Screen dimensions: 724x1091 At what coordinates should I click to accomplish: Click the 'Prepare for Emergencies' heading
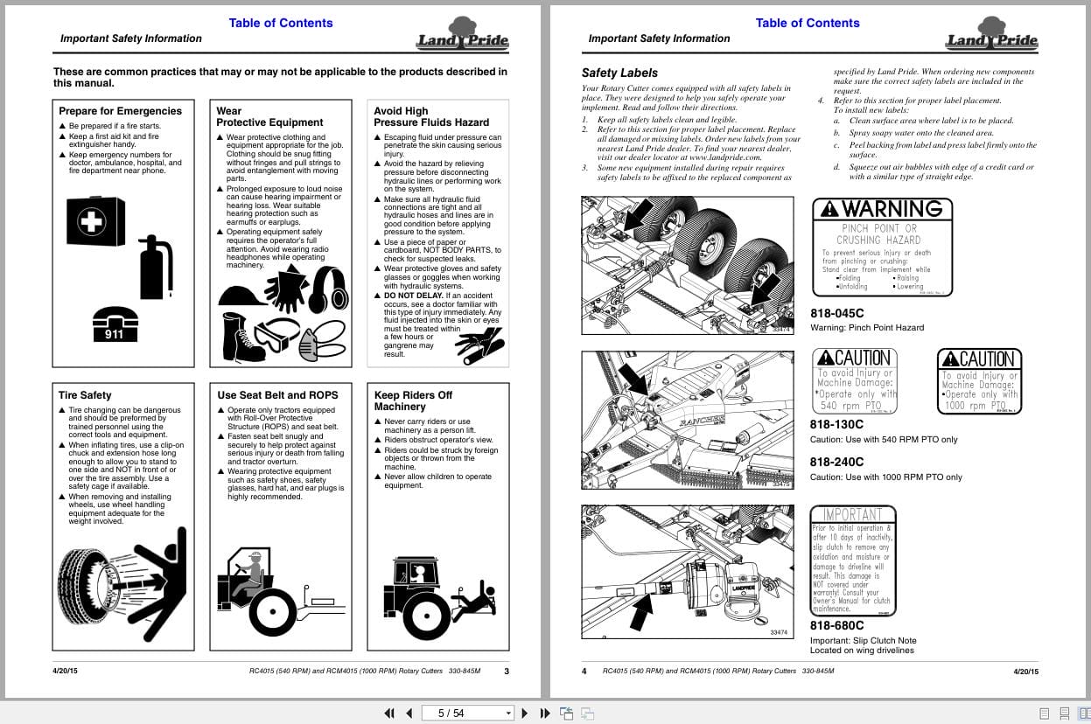(120, 111)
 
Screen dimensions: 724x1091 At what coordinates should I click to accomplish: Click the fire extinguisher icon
(157, 267)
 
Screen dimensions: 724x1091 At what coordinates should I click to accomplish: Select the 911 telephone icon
(115, 324)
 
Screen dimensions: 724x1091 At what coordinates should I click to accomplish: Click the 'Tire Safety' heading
(85, 395)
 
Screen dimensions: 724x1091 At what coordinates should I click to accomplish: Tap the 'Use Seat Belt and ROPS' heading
(277, 395)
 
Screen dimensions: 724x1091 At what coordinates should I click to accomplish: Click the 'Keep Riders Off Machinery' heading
(413, 400)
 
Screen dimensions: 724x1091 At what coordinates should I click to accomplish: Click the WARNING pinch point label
(882, 247)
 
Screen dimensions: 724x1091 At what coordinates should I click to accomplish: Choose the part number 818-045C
(836, 313)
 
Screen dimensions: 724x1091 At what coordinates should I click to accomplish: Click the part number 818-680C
(836, 625)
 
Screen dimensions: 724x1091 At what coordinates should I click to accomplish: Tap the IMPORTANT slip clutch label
(853, 560)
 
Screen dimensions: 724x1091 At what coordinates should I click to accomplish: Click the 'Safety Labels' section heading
(619, 73)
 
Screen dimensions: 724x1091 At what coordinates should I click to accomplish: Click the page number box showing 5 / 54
(465, 713)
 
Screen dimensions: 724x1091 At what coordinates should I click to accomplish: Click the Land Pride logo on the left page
(462, 35)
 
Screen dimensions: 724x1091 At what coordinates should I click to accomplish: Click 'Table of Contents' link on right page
(807, 23)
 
